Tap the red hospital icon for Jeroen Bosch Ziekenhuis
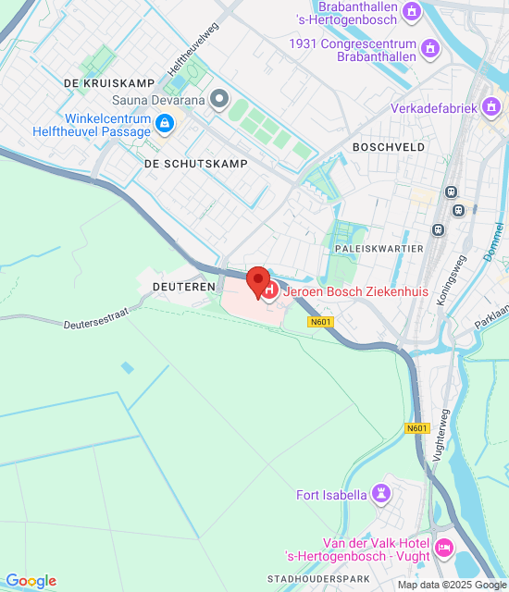pos(269,292)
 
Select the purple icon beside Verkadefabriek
pos(490,108)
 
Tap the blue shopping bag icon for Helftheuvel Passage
pos(165,123)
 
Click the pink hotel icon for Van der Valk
pos(443,549)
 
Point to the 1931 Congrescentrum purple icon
pos(429,47)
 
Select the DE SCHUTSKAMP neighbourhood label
pos(196,164)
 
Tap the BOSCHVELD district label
pos(389,147)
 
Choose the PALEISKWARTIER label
pos(379,249)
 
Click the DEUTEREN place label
pos(183,288)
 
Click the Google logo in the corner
pos(31,581)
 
